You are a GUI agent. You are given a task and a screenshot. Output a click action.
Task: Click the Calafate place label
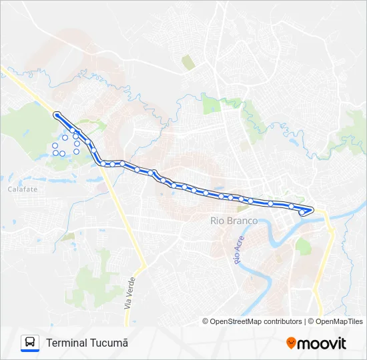click(23, 189)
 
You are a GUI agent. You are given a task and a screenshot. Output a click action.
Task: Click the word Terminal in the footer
click(67, 343)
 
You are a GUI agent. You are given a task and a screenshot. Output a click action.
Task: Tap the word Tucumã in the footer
click(109, 343)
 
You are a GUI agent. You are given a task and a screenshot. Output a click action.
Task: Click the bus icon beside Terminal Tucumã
click(30, 341)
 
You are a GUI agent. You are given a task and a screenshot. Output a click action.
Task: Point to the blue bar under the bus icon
click(30, 351)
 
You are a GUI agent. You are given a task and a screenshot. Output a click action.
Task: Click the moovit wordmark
click(322, 343)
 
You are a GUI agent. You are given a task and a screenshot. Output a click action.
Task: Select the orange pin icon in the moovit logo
click(290, 343)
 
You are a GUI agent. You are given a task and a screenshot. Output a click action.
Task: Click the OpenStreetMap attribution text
click(245, 321)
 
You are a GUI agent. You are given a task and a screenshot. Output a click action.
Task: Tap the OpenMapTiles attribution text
click(340, 321)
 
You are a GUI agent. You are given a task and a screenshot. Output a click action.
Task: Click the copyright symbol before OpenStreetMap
click(206, 321)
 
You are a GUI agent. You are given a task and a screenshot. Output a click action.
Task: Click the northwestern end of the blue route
click(57, 115)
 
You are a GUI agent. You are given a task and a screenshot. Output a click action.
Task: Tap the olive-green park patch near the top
click(189, 63)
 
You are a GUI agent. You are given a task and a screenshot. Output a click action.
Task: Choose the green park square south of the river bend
click(304, 247)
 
